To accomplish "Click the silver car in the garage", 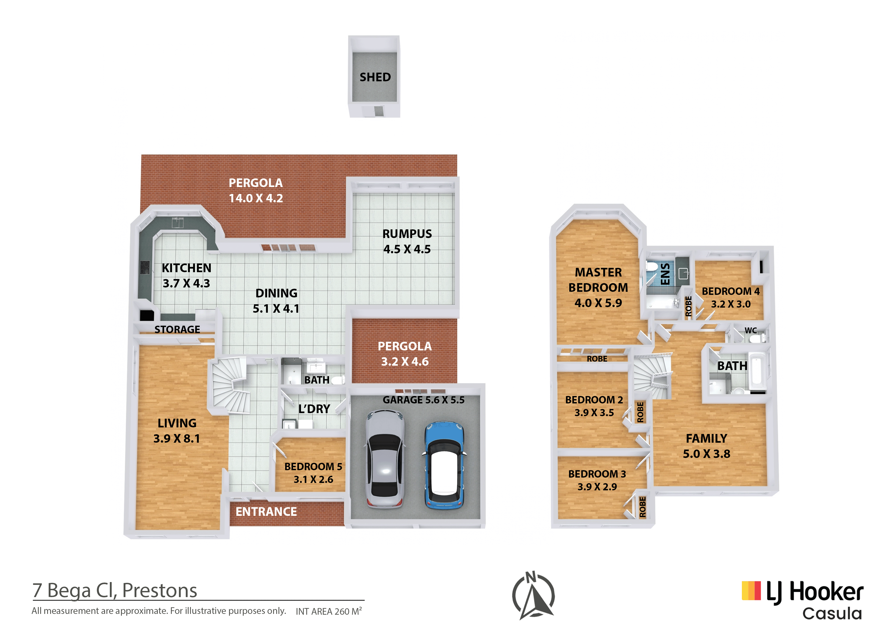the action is click(385, 459).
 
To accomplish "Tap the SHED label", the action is click(375, 77).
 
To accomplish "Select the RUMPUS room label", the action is click(407, 234).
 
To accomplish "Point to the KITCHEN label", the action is click(187, 268).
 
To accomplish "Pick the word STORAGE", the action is click(177, 330).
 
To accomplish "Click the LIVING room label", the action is click(177, 423).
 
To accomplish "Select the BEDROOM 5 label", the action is click(313, 467).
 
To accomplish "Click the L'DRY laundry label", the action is click(314, 409).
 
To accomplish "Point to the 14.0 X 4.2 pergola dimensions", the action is click(256, 198).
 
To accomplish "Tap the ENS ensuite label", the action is click(665, 274).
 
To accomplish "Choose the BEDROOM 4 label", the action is click(730, 291).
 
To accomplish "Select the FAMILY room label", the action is click(706, 439).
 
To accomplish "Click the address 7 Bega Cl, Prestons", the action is click(115, 590).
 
